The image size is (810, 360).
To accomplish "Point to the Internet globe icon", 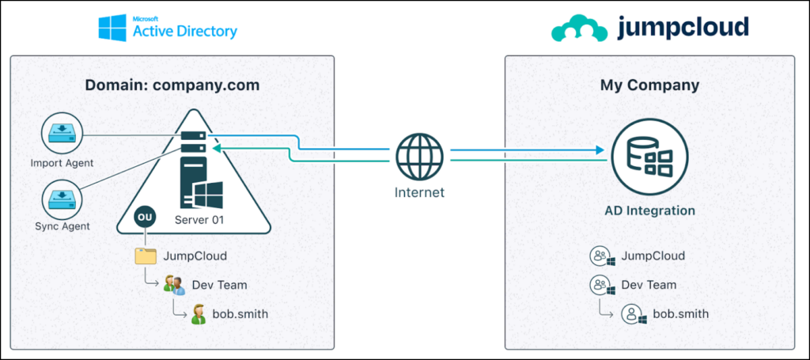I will pos(420,155).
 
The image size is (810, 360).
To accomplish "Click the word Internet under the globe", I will pos(420,192).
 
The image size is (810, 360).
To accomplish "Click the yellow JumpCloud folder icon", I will pos(146,256).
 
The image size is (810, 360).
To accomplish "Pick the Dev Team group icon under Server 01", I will pos(173,285).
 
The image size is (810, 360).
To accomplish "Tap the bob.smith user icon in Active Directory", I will pos(199,314).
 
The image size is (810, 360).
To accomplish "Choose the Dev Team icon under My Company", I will pos(602,285).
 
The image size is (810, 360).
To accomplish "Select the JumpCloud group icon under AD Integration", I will pos(602,256).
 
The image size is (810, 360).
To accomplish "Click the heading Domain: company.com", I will pos(172,85).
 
